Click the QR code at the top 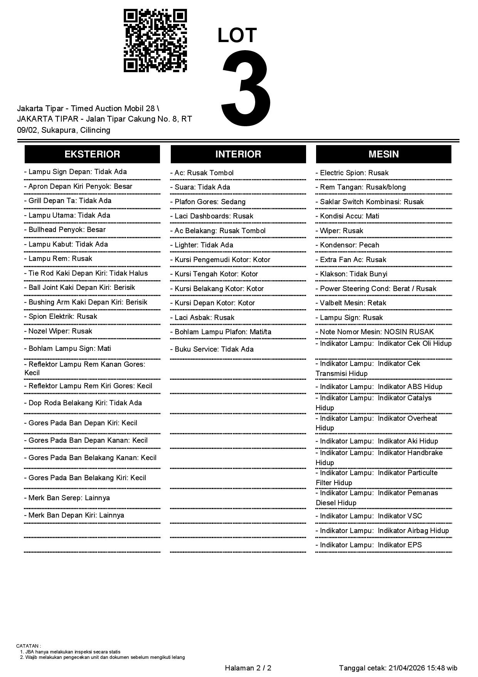coord(155,41)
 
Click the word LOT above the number coord(237,36)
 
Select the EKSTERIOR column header coord(92,154)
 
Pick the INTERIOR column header coord(238,154)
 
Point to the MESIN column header coord(384,154)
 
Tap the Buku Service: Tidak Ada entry coord(214,349)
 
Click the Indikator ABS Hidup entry coord(379,387)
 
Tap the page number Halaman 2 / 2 coord(248,668)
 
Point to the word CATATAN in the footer coord(28,646)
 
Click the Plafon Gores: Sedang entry coord(210,202)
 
